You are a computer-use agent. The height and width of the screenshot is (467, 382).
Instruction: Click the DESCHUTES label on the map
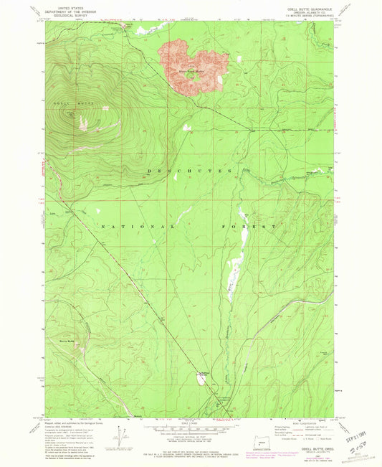click(190, 171)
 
